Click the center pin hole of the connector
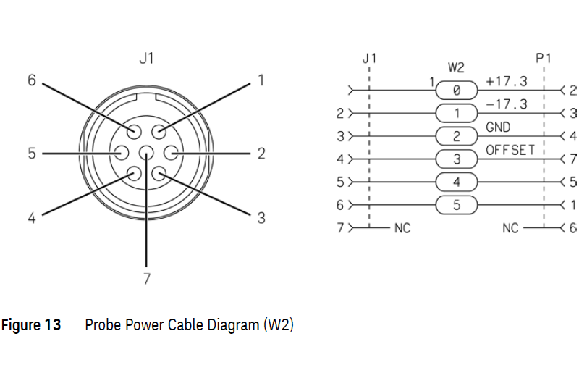pyautogui.click(x=147, y=154)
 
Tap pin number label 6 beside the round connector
pyautogui.click(x=31, y=80)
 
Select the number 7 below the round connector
pyautogui.click(x=146, y=280)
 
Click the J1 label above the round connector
pyautogui.click(x=147, y=59)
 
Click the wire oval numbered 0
pyautogui.click(x=457, y=91)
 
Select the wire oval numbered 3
pyautogui.click(x=457, y=159)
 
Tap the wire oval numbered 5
pyautogui.click(x=457, y=205)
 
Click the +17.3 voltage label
pyautogui.click(x=507, y=80)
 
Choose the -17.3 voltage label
pyautogui.click(x=507, y=104)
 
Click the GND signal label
pyautogui.click(x=498, y=127)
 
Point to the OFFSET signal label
pyautogui.click(x=510, y=150)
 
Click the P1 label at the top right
pyautogui.click(x=543, y=59)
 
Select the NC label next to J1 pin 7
pyautogui.click(x=402, y=228)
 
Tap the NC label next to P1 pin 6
pyautogui.click(x=511, y=228)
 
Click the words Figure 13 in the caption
pyautogui.click(x=31, y=325)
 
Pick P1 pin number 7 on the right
pyautogui.click(x=572, y=159)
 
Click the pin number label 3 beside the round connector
pyautogui.click(x=261, y=218)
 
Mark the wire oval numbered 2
pyautogui.click(x=457, y=136)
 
